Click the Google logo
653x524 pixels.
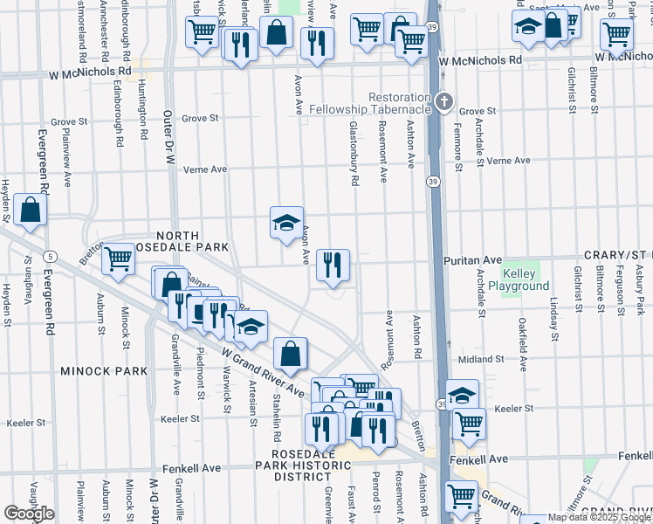28,514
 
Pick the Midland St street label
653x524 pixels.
476,359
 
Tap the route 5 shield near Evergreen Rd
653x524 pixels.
52,256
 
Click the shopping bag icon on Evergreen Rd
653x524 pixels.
31,210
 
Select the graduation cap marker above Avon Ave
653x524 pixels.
286,224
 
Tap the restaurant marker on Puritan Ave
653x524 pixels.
332,265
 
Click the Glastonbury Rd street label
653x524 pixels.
354,154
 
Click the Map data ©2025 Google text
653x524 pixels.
599,517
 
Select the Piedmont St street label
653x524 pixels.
201,377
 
